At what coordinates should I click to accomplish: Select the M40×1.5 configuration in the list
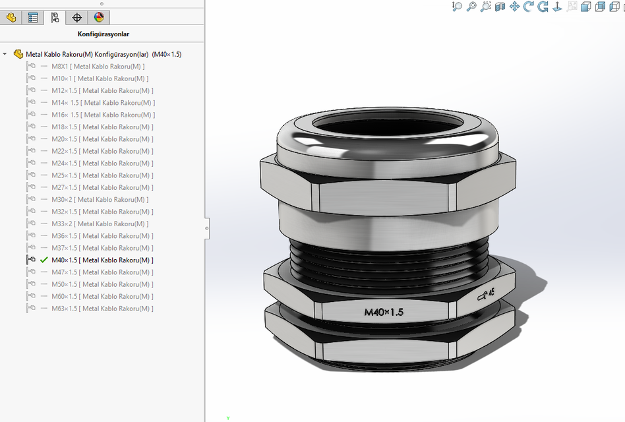102,260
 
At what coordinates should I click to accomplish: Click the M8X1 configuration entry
98,66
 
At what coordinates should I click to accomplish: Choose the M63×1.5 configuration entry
102,309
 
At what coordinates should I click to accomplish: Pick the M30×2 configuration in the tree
100,200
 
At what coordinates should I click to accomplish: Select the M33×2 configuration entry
100,224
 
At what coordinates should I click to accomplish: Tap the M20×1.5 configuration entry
102,139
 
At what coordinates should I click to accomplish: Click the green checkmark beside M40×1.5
44,260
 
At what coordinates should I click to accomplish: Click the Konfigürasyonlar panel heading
102,34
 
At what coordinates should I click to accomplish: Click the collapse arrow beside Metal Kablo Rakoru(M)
5,54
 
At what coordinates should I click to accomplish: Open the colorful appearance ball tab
99,17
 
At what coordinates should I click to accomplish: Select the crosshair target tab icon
77,17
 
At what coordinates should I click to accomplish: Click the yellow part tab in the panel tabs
11,17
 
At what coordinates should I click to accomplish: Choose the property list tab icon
33,17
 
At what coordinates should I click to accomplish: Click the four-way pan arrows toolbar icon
514,7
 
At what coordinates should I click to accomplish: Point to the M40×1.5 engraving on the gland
384,312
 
